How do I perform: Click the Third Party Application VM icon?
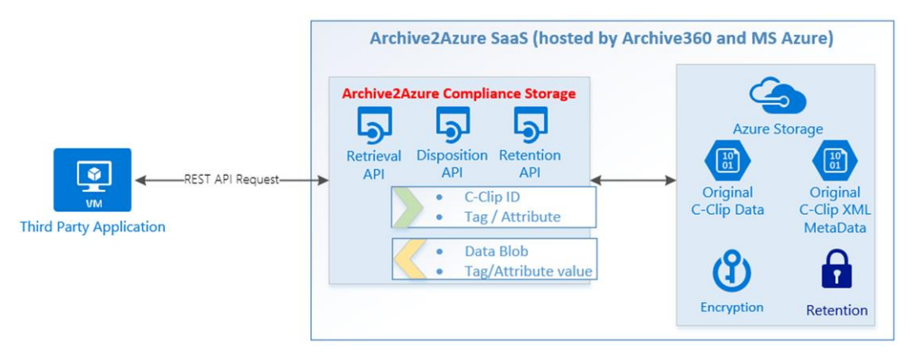tap(92, 179)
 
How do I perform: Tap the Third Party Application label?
tap(92, 226)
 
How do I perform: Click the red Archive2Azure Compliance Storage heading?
tap(459, 94)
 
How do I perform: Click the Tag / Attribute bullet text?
tap(512, 216)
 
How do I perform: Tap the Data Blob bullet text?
tap(496, 251)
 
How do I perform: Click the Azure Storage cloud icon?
tap(778, 95)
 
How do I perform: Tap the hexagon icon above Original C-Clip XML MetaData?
tap(834, 159)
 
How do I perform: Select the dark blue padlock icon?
tap(836, 272)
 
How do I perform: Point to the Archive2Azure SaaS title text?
tap(601, 38)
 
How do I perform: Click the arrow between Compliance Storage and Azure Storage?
tap(633, 179)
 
